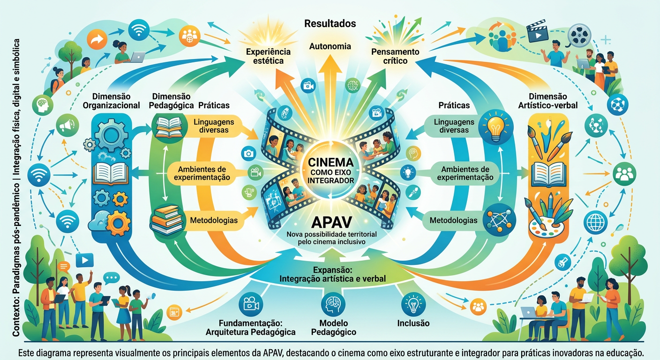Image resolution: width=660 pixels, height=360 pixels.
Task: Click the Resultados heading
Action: (x=330, y=23)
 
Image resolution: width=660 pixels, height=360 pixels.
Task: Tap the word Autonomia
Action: (x=330, y=46)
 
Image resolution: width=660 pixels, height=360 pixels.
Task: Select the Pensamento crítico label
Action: (x=395, y=56)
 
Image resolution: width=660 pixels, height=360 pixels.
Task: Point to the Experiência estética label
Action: (x=268, y=56)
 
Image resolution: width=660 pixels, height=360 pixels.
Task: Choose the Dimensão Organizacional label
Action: (x=111, y=101)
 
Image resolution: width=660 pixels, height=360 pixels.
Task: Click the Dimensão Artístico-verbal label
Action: (x=548, y=101)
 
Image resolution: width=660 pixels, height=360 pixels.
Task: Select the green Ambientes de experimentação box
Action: (x=465, y=173)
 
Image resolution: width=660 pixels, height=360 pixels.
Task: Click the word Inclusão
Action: (x=413, y=323)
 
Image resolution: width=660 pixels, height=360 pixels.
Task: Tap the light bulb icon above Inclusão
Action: (x=413, y=304)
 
